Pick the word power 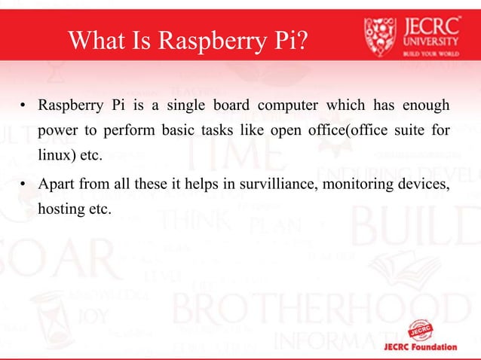click(x=57, y=130)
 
